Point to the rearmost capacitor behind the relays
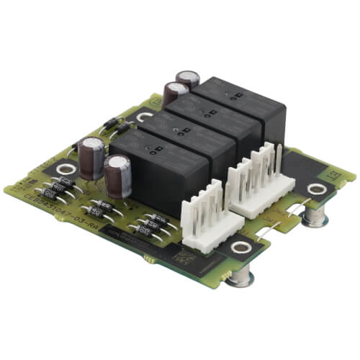click(x=189, y=78)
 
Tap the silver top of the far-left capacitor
click(x=92, y=143)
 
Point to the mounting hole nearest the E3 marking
click(x=315, y=189)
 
